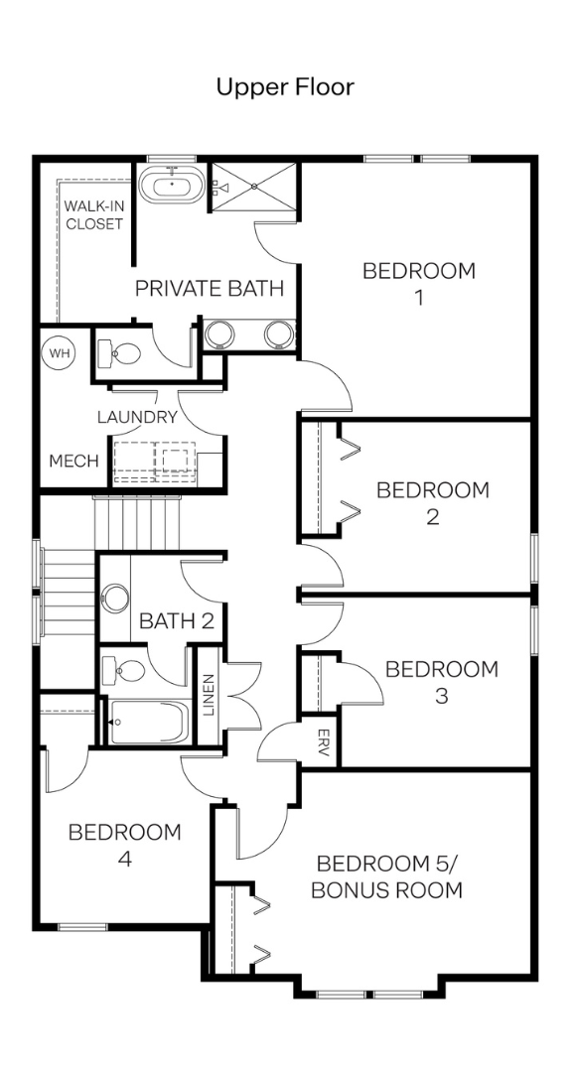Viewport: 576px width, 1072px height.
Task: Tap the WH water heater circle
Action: point(61,353)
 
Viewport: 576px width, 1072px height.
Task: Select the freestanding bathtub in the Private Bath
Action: point(172,185)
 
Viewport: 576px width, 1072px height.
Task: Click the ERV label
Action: point(324,741)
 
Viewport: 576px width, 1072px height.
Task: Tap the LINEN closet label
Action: point(209,695)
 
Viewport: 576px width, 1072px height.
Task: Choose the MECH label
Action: point(73,462)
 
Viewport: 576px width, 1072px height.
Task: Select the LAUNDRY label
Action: point(137,417)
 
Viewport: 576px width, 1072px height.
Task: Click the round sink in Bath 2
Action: point(115,597)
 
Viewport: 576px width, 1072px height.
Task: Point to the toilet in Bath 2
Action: point(123,671)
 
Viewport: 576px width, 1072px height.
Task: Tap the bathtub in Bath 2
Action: point(146,722)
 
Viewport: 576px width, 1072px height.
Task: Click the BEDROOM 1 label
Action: point(419,285)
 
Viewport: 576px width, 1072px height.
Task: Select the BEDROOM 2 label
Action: point(433,503)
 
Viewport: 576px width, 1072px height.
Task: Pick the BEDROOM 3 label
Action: point(442,682)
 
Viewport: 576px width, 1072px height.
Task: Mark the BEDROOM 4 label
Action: point(124,846)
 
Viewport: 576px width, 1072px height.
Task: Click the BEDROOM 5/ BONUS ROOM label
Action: point(386,877)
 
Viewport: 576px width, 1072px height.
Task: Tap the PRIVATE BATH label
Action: point(210,289)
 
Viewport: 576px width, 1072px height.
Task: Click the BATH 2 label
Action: point(177,620)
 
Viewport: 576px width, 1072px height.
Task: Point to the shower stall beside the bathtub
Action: point(253,187)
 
